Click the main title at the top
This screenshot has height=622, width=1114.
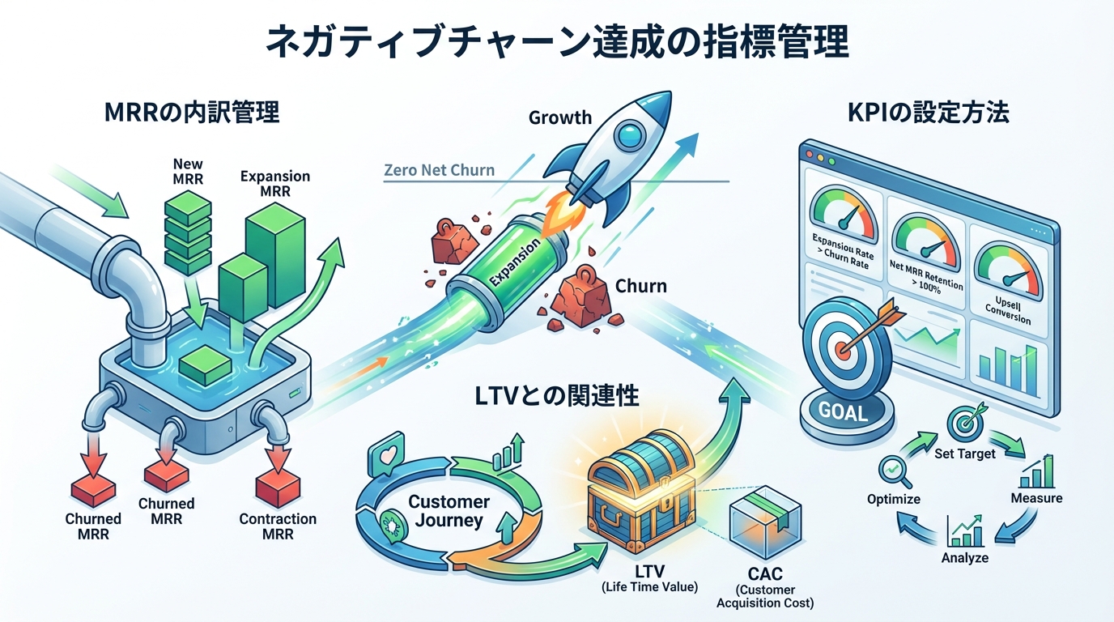[557, 42]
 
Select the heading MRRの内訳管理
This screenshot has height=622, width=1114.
[192, 112]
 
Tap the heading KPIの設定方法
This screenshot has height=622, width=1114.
[928, 112]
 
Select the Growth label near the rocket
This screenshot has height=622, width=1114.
[560, 117]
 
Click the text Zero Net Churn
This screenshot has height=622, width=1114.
[439, 171]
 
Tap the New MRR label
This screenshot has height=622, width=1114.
[188, 171]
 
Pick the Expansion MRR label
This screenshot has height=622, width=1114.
[275, 183]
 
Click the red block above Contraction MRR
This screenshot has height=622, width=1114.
[278, 488]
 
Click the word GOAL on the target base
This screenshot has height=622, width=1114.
[843, 411]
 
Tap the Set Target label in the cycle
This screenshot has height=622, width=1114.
[964, 454]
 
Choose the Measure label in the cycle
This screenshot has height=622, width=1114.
[1036, 497]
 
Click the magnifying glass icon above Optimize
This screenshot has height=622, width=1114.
[893, 469]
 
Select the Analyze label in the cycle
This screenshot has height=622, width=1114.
[964, 557]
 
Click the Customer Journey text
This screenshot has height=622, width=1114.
[449, 511]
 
